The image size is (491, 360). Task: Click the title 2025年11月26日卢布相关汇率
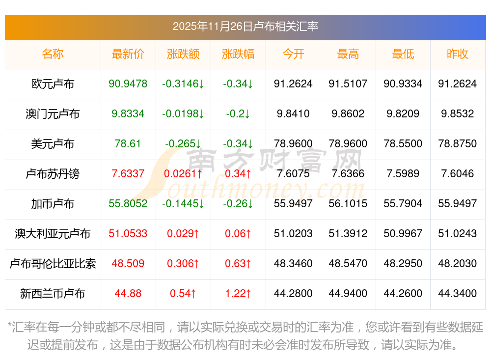pos(245,26)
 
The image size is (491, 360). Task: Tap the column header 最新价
pos(128,54)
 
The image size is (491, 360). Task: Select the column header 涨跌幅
pos(238,54)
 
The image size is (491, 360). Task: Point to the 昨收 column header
pos(458,54)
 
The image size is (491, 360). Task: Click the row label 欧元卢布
pos(53,84)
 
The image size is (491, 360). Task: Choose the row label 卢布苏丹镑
pos(53,174)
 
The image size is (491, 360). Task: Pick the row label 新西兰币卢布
pos(53,294)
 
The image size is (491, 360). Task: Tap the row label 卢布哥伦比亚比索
pos(53,264)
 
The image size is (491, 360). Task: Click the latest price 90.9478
pos(128,84)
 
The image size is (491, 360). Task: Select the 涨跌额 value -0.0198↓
pos(183,114)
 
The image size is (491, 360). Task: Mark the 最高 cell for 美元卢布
pos(348,144)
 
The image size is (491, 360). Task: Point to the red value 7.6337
pos(128,174)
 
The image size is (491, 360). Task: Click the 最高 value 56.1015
pos(348,204)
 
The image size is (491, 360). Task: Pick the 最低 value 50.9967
pos(403,234)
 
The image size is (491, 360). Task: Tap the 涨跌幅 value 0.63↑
pos(238,264)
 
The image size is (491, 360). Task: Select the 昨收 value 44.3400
pos(458,294)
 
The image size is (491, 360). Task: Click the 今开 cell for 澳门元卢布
pos(293,114)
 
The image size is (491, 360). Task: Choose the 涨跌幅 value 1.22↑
pos(238,294)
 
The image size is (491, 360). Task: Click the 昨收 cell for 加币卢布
pos(458,204)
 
